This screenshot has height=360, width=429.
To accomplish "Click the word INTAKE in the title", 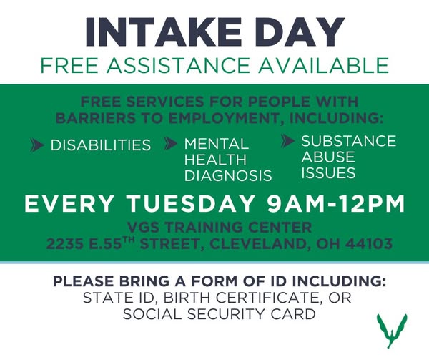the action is pos(163,31).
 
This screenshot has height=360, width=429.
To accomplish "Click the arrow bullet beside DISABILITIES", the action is pos(37,145).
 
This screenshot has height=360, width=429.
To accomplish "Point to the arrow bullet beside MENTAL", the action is pos(171,144).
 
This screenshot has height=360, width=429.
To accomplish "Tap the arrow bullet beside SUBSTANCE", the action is pos(288,141).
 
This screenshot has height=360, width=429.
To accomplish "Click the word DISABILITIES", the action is pos(101,145).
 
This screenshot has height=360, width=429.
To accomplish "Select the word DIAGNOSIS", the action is pos(228,175).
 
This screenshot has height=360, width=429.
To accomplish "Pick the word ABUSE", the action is pos(328,157).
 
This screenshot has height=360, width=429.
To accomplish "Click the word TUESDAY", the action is pos(191,204).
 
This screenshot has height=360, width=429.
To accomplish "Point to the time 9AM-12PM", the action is pos(337,204).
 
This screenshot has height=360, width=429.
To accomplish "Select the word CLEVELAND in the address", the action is pos(260,243).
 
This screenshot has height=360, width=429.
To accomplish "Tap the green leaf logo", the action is pos(392,330).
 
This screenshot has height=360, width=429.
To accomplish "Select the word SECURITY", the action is pos(226,314).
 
